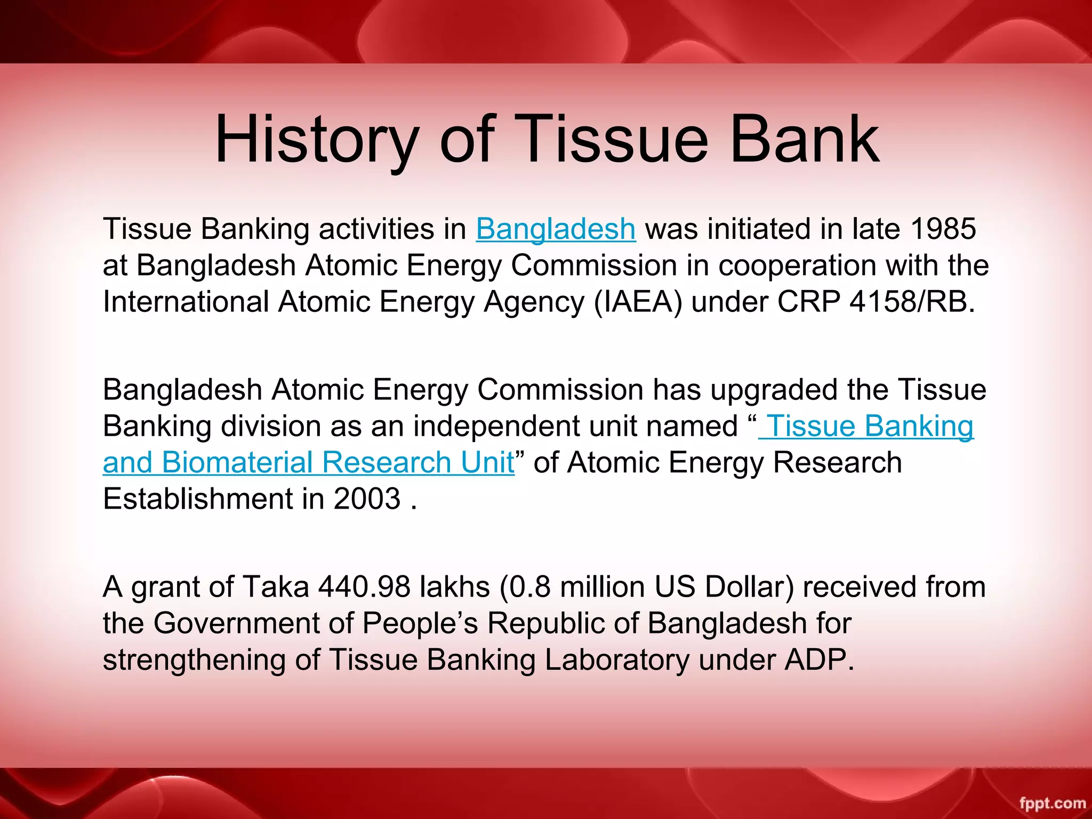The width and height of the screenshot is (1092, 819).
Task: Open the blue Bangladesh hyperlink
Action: point(556,229)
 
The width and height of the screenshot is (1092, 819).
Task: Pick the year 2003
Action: point(367,499)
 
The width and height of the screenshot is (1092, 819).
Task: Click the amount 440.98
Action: point(364,587)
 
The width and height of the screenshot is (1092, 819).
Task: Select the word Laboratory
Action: point(617,660)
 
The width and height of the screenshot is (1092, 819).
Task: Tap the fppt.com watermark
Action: point(1052,803)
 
